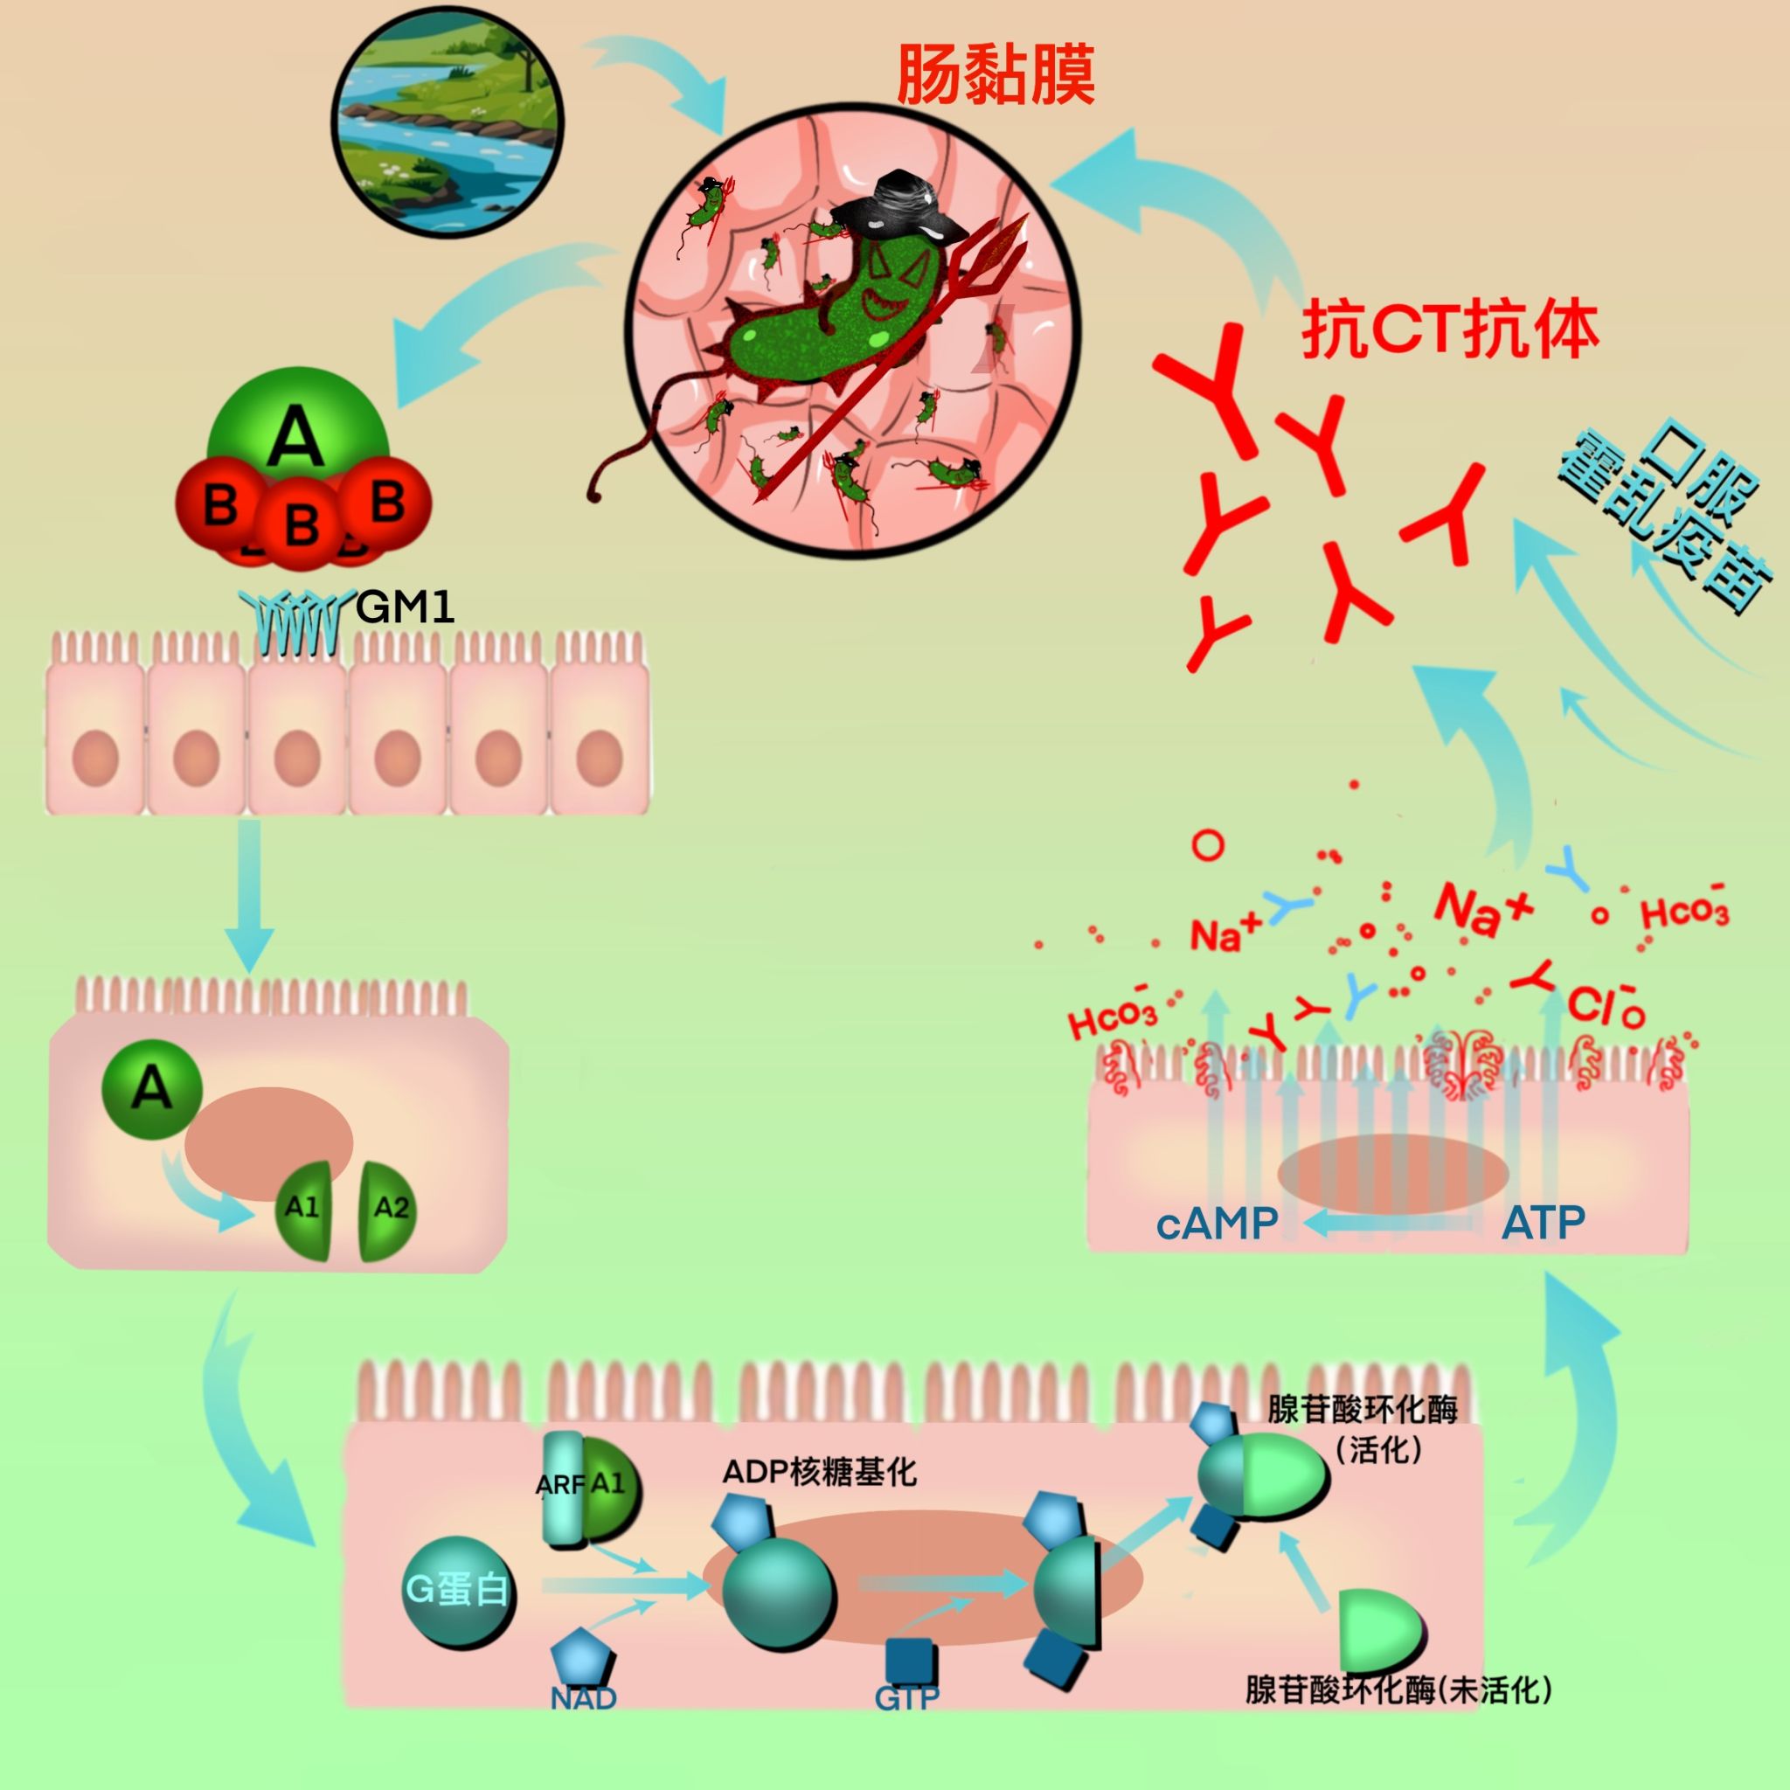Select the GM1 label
(405, 607)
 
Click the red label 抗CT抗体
(1450, 330)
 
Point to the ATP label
(1542, 1223)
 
